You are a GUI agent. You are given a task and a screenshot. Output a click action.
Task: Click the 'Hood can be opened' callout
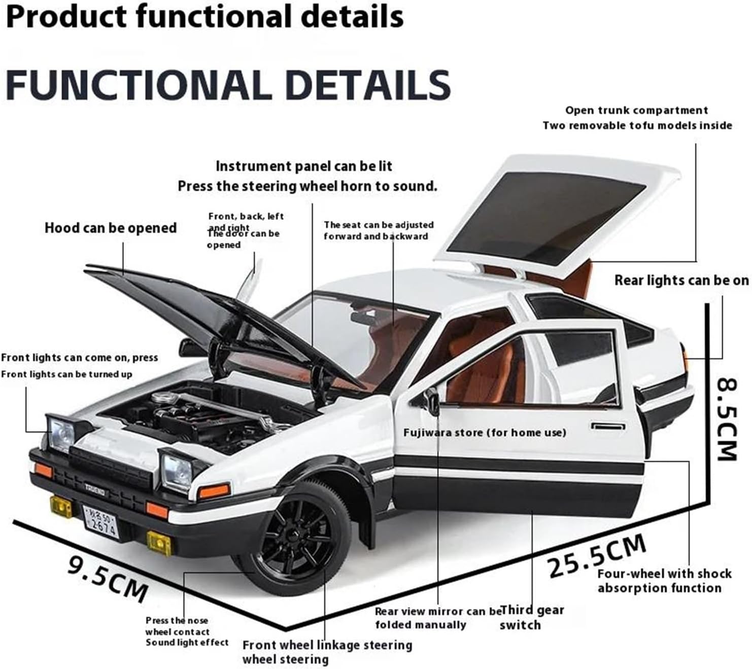coord(111,228)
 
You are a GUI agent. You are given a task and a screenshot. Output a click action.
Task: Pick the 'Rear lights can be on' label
coord(681,280)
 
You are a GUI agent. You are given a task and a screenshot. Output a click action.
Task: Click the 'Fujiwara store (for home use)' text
coord(485,433)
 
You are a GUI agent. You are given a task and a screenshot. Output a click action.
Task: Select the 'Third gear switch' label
coord(531,617)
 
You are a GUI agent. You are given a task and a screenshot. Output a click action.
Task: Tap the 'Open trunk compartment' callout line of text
coord(636,111)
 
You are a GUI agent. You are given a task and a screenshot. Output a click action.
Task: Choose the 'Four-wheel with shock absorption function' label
coord(664,581)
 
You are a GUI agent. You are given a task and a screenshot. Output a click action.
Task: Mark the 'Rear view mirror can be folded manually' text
coord(437,618)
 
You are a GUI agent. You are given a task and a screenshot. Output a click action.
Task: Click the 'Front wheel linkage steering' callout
coord(327,645)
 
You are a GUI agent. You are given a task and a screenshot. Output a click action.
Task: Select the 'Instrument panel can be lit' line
coord(303,166)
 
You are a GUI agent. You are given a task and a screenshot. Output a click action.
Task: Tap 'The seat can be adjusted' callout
coord(379,225)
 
